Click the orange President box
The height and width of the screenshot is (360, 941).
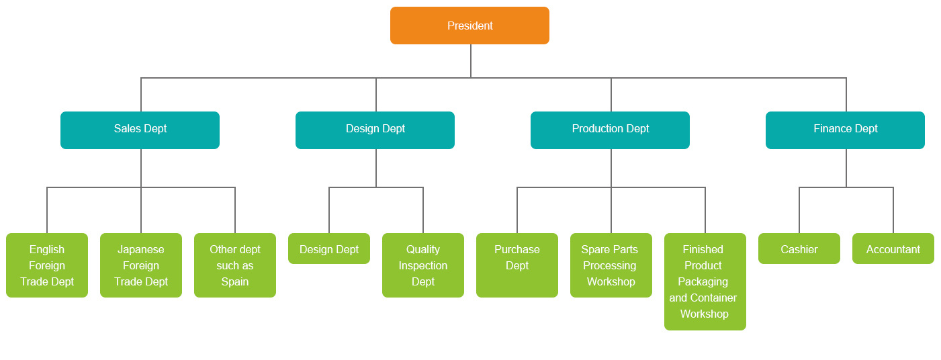(469, 26)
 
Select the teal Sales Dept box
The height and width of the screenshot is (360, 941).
(140, 130)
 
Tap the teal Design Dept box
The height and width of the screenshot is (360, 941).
(375, 130)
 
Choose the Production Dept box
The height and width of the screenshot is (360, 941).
(610, 130)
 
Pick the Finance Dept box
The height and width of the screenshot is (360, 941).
(845, 130)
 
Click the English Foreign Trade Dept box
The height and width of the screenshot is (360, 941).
(47, 265)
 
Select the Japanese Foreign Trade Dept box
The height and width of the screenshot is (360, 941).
(141, 265)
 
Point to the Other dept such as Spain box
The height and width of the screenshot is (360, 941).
(235, 265)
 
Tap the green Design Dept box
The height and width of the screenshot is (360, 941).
(329, 249)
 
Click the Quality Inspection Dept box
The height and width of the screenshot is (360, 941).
(423, 265)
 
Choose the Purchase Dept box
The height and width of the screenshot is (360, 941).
(517, 265)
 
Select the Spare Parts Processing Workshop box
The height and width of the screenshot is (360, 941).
(611, 265)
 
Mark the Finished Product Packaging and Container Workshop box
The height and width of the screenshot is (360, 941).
(705, 281)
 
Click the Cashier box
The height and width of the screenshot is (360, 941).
(799, 249)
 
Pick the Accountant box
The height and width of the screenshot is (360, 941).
(893, 249)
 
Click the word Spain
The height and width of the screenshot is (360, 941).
(235, 282)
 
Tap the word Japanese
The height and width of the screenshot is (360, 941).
(141, 249)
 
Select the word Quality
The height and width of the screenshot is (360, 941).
(423, 249)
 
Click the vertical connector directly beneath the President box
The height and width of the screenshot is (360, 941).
(471, 60)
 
